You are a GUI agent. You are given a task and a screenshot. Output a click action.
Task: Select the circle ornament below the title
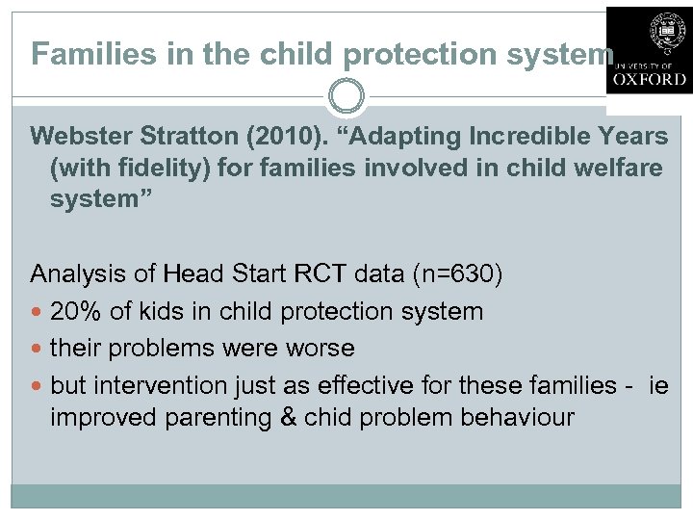[x=346, y=97]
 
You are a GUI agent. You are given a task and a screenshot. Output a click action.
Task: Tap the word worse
[x=325, y=348]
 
